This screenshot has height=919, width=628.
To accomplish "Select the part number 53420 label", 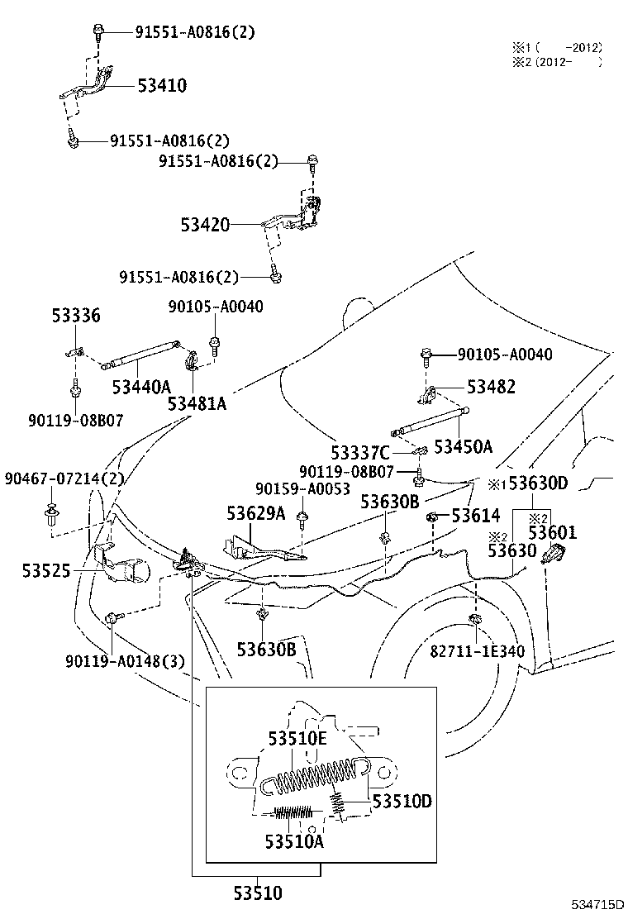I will pyautogui.click(x=206, y=225).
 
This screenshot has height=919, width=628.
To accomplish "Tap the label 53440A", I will pyautogui.click(x=141, y=386).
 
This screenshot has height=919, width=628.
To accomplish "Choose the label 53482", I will pyautogui.click(x=491, y=386).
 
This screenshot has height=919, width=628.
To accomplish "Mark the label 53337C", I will pyautogui.click(x=360, y=452).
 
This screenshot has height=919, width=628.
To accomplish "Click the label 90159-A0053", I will pyautogui.click(x=302, y=489).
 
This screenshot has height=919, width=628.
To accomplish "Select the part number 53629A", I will pyautogui.click(x=256, y=513).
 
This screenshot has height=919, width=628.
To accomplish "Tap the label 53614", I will pyautogui.click(x=475, y=517).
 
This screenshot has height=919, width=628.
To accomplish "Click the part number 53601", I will pyautogui.click(x=553, y=533).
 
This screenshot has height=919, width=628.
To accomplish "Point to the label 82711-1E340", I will pyautogui.click(x=477, y=650).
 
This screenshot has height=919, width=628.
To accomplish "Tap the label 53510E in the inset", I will pyautogui.click(x=297, y=738).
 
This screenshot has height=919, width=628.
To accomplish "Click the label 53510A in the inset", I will pyautogui.click(x=294, y=841).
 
